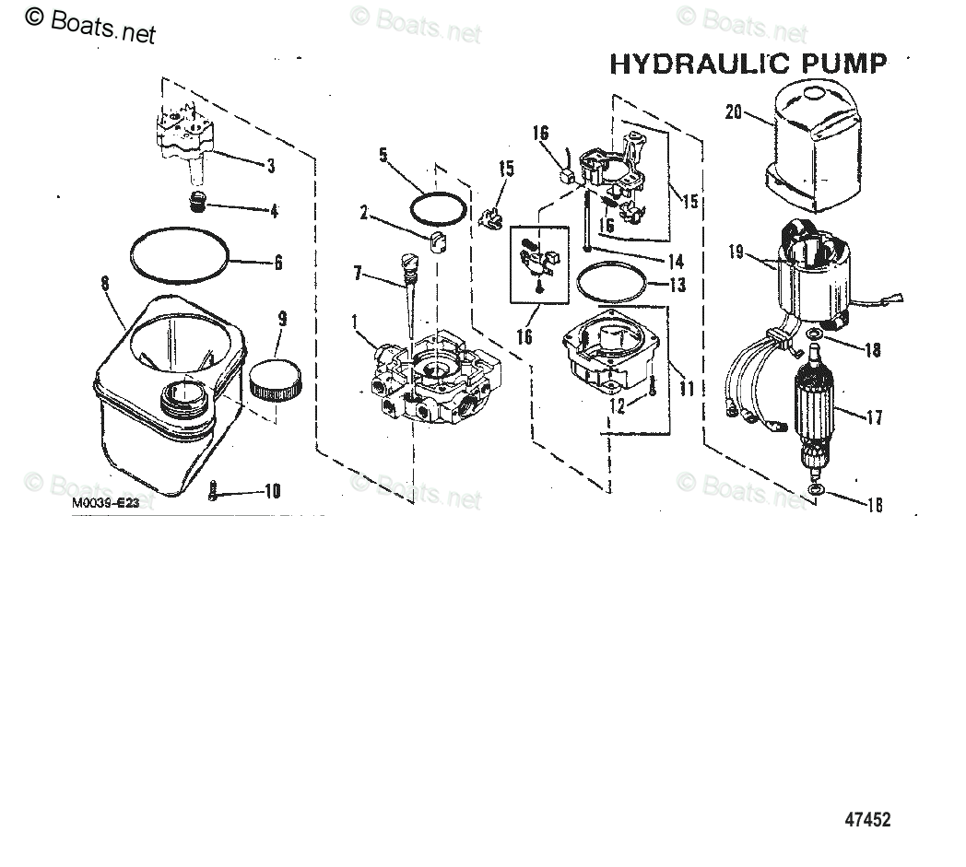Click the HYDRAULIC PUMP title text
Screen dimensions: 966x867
(x=748, y=64)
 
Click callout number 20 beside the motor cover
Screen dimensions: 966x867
(x=734, y=111)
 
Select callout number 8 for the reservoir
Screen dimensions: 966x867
(x=106, y=285)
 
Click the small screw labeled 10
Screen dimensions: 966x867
(x=214, y=492)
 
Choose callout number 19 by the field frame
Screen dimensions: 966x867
(x=736, y=252)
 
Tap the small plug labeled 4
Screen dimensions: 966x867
(x=196, y=201)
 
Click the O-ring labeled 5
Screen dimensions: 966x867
(x=436, y=207)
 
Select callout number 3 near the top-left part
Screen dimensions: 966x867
(x=270, y=166)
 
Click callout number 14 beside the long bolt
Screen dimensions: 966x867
(x=677, y=261)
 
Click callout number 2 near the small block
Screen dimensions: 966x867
(x=363, y=214)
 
